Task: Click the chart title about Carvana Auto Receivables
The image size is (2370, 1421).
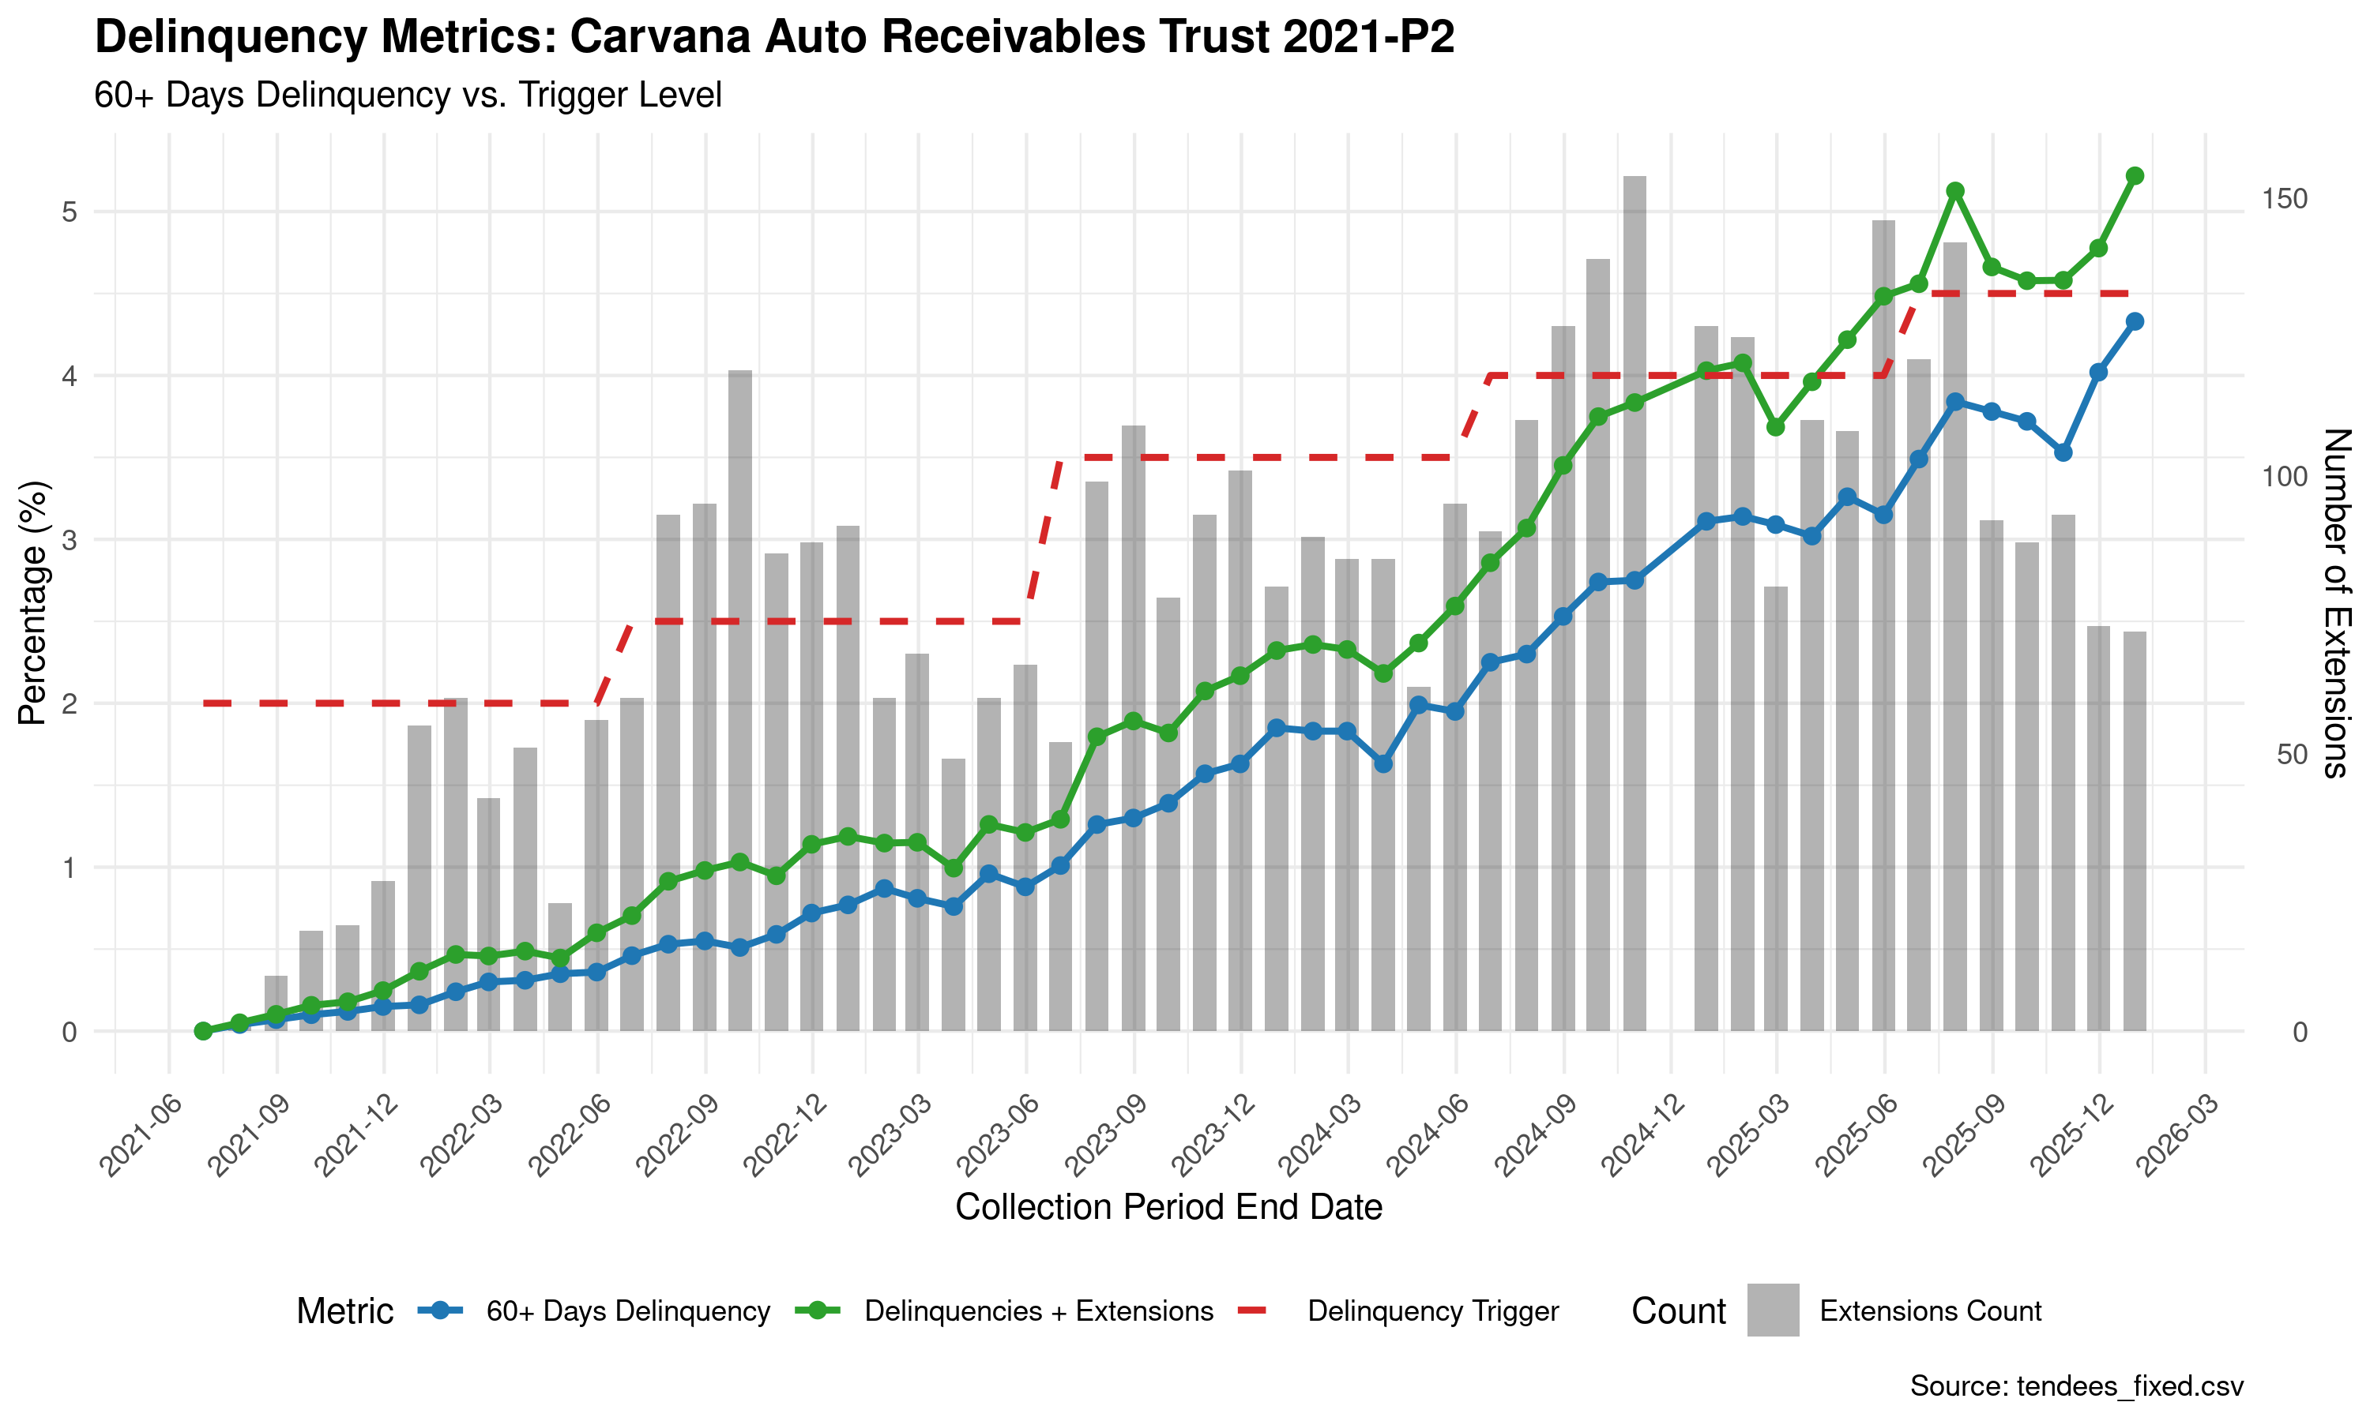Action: [x=774, y=39]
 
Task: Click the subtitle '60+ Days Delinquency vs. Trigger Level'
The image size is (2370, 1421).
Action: [x=407, y=96]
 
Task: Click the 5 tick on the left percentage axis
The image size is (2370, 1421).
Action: [x=69, y=212]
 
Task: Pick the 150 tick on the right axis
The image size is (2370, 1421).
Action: [x=2284, y=198]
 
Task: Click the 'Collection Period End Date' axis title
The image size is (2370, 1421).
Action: [x=1168, y=1208]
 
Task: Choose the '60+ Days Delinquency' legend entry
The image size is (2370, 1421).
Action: [x=627, y=1311]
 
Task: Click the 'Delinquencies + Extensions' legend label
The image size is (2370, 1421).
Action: [x=1038, y=1311]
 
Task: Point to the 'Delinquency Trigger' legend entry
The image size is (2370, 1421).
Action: [x=1432, y=1311]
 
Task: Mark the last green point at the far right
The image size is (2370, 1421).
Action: [x=2135, y=176]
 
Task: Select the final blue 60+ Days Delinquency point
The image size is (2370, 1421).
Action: [x=2135, y=322]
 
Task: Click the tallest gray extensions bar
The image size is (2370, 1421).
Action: [x=1635, y=603]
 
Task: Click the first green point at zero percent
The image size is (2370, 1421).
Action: [x=203, y=1031]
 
